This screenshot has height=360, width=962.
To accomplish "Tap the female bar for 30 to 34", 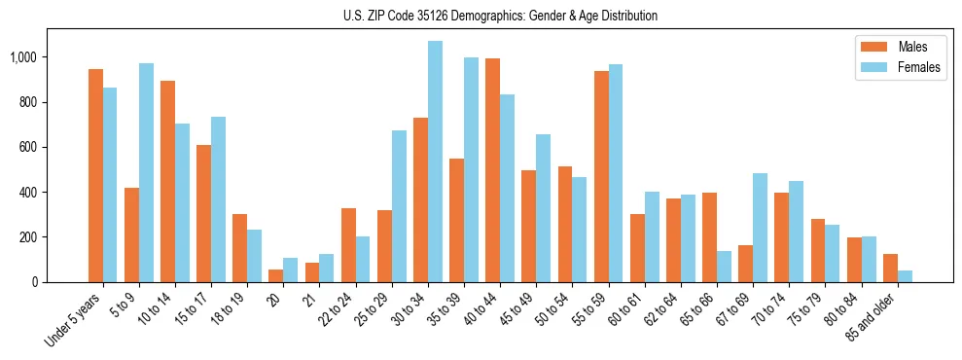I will pos(435,162).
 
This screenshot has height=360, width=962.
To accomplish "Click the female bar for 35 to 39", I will pos(471,169).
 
